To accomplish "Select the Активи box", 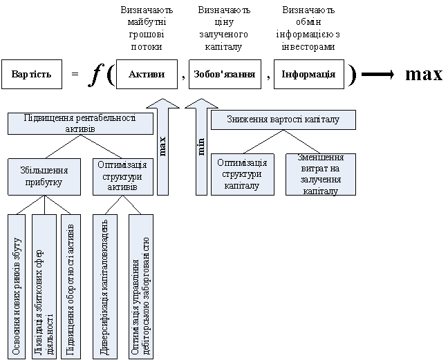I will pos(147,75).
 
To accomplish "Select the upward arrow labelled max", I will pos(163,146).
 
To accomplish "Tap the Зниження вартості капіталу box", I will pos(283,120).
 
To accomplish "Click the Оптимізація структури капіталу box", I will pos(242,173).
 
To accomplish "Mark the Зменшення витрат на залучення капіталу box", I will pos(320,173).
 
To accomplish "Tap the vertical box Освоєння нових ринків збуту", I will pos(17,286).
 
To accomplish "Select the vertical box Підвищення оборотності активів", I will pos(70,286).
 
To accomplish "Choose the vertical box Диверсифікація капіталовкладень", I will pos(104,286).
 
